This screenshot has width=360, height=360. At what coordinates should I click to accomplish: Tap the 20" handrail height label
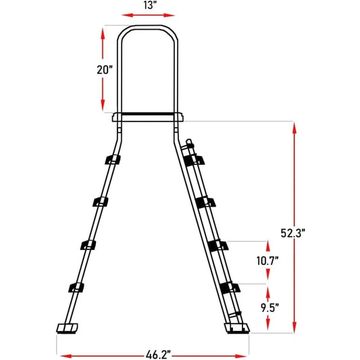87,70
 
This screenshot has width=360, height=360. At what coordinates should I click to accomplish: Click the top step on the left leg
111,159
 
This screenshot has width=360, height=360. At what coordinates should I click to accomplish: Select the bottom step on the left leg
76,288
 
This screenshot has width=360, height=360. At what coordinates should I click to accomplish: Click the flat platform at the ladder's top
149,116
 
